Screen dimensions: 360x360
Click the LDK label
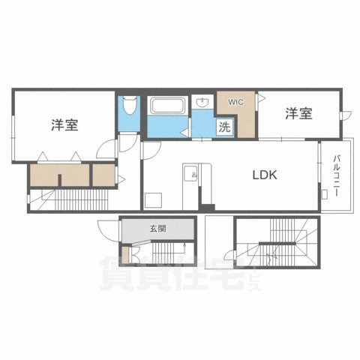pos(265,175)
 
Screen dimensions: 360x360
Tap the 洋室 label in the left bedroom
pos(65,124)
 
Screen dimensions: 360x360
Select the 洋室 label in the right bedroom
pos(298,114)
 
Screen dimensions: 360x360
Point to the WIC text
pos(235,100)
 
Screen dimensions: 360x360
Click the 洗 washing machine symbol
pos(224,127)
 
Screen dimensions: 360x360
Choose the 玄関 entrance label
pos(157,229)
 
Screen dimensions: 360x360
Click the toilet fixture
pos(128,106)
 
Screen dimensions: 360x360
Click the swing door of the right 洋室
pos(346,115)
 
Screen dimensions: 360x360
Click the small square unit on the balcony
pos(324,194)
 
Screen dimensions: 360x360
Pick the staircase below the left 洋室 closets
pos(71,199)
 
